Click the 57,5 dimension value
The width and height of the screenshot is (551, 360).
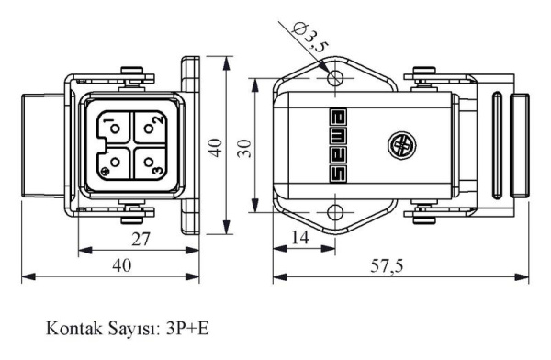coord(387,266)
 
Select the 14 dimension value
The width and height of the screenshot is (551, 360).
coord(300,238)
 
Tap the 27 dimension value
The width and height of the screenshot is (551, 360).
coord(141,240)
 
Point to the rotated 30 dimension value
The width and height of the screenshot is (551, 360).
coord(244,149)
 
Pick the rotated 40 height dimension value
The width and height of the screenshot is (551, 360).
coord(215,147)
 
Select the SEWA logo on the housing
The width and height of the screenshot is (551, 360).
coord(338,146)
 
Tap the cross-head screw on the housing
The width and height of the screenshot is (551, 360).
coord(402,145)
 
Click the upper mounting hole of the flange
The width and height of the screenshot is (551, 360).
coord(335,77)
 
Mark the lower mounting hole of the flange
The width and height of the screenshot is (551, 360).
coord(335,213)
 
